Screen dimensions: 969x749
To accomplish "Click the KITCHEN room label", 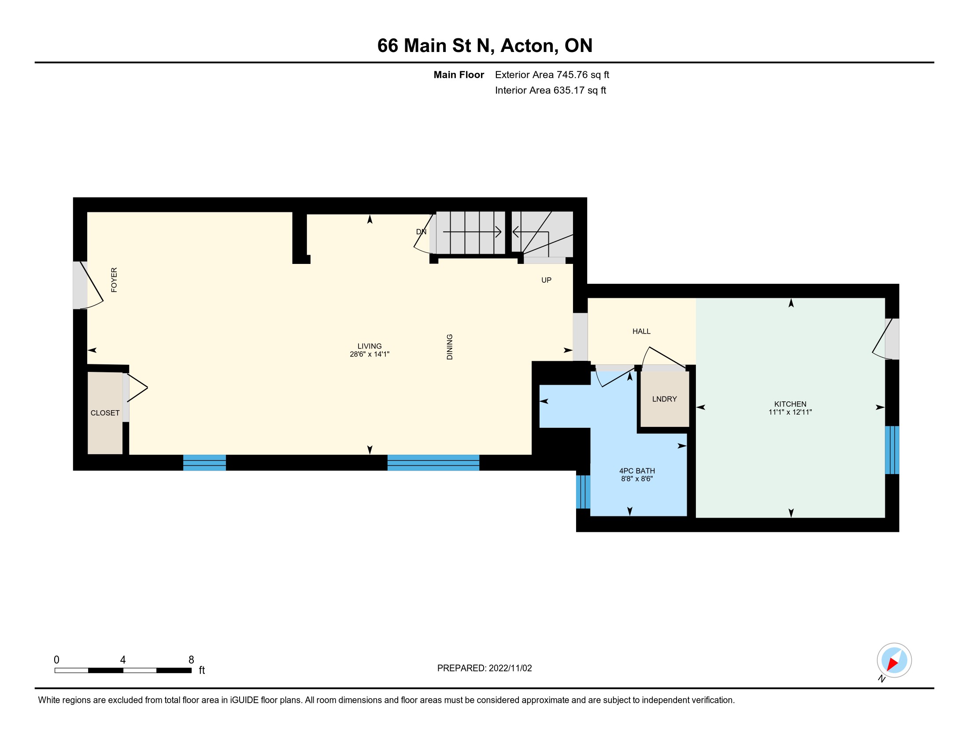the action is click(790, 404).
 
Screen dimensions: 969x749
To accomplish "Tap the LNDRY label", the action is click(664, 399).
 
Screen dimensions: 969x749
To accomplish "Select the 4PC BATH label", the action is click(637, 471).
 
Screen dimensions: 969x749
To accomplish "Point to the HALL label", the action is click(641, 331).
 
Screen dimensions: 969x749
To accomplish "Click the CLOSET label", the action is click(105, 413).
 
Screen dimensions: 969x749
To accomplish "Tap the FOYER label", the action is click(114, 279).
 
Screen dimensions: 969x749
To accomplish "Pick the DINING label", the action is click(449, 347).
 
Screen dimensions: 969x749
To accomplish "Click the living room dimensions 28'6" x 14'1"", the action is click(369, 354).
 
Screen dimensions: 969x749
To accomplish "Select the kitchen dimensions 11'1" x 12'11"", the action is click(790, 412).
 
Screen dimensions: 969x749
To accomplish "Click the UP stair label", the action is click(546, 280).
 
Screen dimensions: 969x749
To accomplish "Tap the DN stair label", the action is click(421, 232).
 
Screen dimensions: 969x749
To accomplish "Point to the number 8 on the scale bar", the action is click(191, 660).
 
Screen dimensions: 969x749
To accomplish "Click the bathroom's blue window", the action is click(583, 492).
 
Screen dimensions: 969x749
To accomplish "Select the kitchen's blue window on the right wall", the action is click(892, 450).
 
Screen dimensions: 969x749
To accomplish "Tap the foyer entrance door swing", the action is click(91, 285).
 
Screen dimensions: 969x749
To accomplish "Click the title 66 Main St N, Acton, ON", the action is click(484, 45).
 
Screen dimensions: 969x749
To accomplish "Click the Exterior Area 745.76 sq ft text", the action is click(552, 74).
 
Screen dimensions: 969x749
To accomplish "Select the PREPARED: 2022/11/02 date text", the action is click(484, 668).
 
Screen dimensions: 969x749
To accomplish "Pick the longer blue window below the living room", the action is click(433, 462).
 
